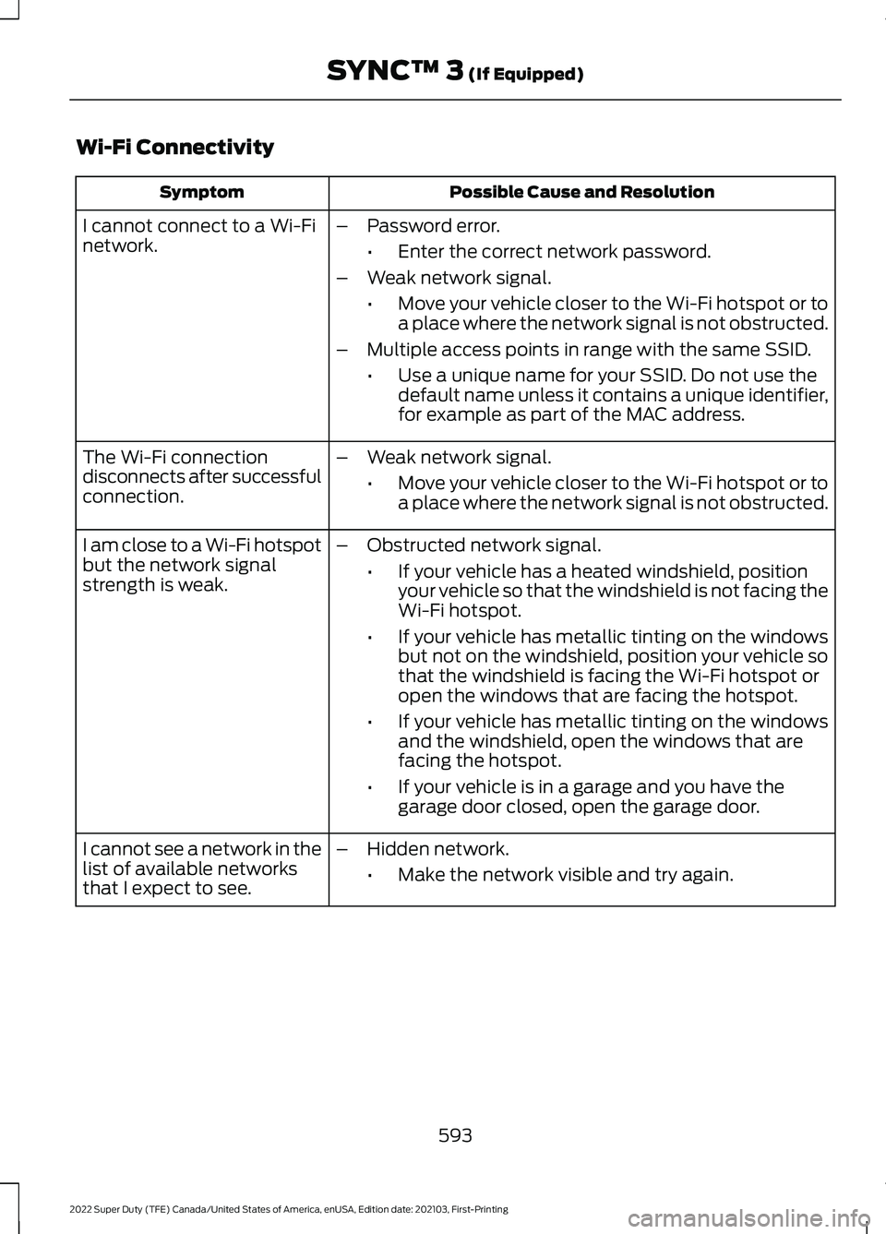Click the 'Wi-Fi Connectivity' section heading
pos(175,147)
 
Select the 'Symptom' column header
pos(201,192)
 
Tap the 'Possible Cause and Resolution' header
pos(581,192)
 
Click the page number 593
pos(455,1135)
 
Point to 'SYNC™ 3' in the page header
pos(405,71)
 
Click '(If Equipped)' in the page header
pos(525,73)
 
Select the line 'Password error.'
pos(433,225)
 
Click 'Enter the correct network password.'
pos(554,251)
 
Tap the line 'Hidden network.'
pos(437,848)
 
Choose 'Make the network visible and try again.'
pos(565,874)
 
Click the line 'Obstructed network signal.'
pos(484,545)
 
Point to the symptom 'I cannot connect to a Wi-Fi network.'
pos(199,235)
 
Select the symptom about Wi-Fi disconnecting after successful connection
pos(201,476)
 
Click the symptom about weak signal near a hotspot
pos(201,565)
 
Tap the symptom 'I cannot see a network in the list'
pos(201,869)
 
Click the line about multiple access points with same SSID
pos(589,349)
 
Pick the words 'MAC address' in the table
pos(692,414)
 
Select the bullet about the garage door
pos(591,797)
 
